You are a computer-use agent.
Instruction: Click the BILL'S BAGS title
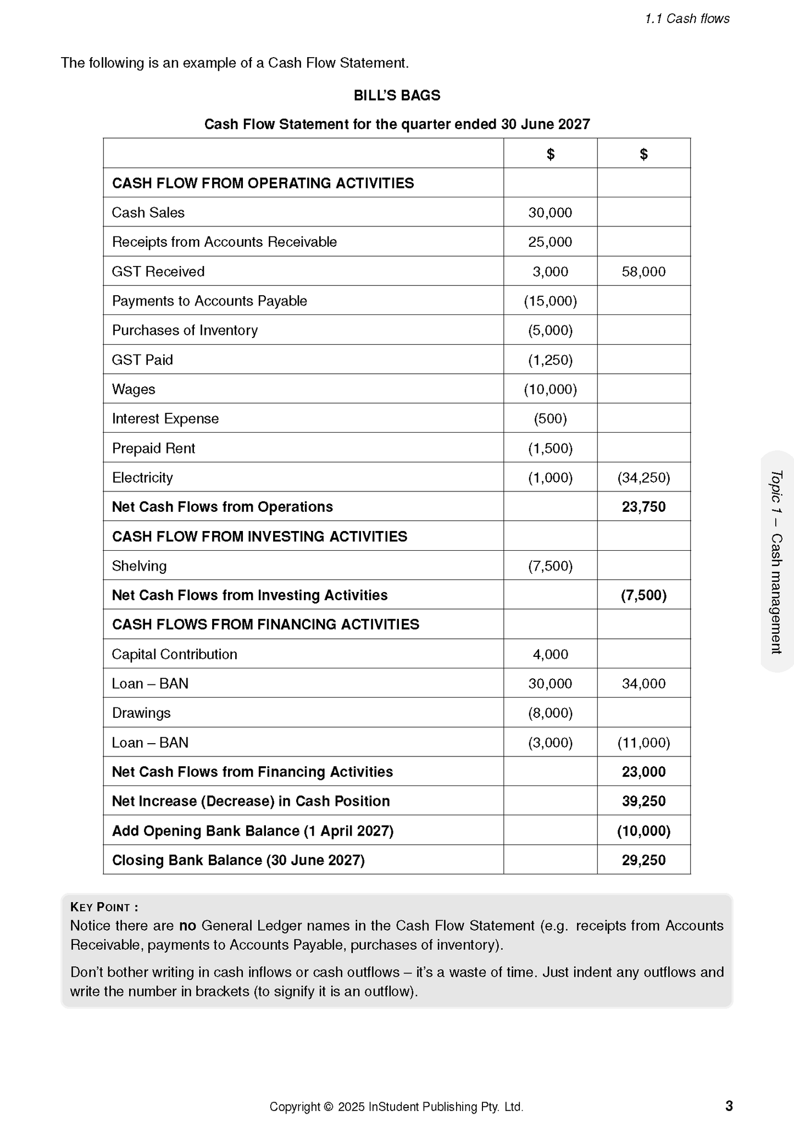(x=397, y=96)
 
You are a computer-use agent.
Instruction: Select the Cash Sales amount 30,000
(x=550, y=213)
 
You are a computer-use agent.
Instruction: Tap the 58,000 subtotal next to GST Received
(x=643, y=272)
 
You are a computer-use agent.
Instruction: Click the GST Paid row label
(x=142, y=360)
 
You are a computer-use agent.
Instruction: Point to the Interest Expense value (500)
(x=550, y=419)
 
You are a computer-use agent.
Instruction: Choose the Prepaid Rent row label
(x=153, y=449)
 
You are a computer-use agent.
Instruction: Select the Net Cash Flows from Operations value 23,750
(x=643, y=507)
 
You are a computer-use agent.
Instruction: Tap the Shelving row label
(x=139, y=566)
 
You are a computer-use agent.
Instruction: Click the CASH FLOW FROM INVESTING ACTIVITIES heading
(x=259, y=536)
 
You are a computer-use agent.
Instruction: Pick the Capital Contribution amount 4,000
(x=550, y=654)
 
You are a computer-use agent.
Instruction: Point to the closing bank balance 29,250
(x=643, y=860)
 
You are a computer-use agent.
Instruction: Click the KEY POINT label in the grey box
(x=104, y=907)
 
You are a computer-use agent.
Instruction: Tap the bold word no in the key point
(x=187, y=926)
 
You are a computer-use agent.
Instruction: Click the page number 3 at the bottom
(x=729, y=1106)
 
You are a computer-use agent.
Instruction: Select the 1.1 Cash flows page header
(x=687, y=19)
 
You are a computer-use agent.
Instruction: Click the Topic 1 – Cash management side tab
(x=776, y=562)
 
